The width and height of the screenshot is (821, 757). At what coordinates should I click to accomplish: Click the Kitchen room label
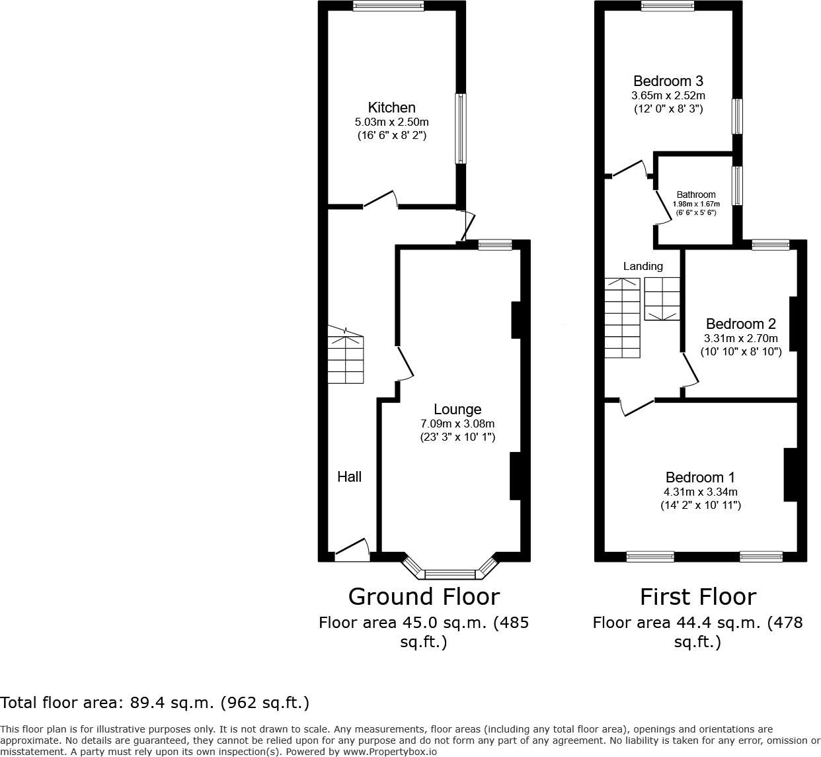392,108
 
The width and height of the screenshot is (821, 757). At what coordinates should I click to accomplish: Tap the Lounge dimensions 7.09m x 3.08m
457,423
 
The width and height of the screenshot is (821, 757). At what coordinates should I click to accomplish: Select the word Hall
349,476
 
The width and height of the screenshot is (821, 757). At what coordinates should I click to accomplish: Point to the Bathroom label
696,195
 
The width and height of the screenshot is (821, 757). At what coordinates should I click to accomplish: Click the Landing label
643,267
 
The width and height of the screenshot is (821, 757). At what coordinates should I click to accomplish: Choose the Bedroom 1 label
700,478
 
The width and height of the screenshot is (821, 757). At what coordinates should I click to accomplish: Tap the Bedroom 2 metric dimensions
741,339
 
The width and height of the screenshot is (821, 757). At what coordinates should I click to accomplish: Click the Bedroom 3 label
668,81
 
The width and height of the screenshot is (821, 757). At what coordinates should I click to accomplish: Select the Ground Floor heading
424,597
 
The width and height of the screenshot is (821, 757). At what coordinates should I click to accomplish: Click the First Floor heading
698,597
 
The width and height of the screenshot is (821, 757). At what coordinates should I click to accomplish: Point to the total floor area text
155,703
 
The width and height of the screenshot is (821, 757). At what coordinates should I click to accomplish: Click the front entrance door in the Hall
352,550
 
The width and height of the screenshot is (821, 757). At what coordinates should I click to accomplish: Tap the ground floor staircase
346,355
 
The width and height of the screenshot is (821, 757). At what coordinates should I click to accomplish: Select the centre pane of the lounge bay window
450,574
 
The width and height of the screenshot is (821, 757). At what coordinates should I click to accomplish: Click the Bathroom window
737,185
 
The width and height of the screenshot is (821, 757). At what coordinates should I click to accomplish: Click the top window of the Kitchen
389,5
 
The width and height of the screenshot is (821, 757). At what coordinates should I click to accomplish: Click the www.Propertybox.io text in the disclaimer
390,752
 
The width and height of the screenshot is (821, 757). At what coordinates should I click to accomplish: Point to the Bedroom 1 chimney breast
791,474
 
